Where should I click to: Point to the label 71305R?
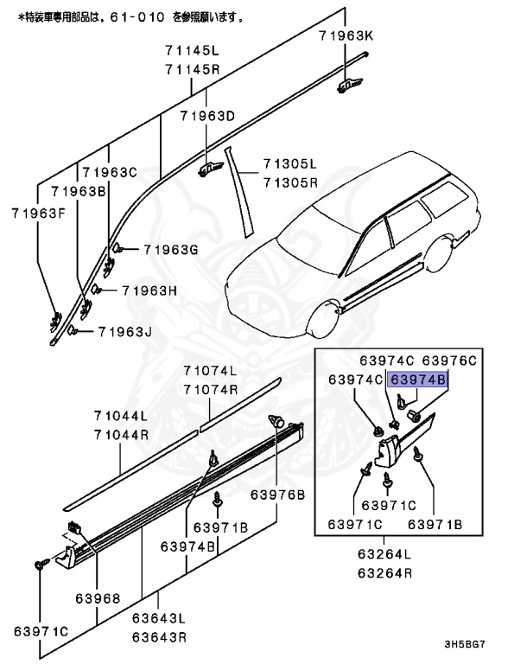pos(290,182)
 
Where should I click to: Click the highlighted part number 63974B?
pos(419,379)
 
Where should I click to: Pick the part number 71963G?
pos(171,250)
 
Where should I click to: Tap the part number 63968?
pos(97,597)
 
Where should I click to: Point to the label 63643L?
pos(159,619)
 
